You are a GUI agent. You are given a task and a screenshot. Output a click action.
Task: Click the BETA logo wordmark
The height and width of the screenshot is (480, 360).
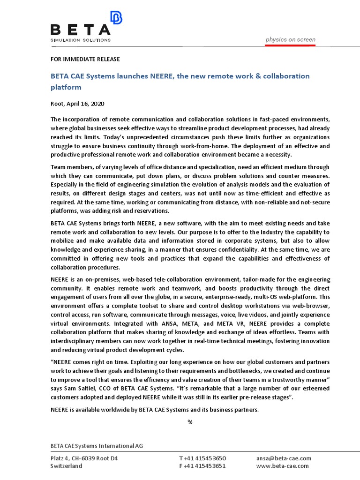click(x=80, y=30)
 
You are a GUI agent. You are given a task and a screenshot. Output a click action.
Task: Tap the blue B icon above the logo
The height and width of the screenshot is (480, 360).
click(x=116, y=18)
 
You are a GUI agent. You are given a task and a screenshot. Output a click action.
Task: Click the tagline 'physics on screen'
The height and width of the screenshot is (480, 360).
click(x=290, y=39)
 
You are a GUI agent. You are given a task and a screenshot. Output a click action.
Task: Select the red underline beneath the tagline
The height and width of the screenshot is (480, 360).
click(x=290, y=45)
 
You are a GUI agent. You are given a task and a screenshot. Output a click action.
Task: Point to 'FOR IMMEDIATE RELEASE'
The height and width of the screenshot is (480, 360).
click(x=85, y=59)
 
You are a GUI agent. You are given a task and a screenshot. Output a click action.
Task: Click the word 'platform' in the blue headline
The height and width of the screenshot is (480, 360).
click(x=66, y=87)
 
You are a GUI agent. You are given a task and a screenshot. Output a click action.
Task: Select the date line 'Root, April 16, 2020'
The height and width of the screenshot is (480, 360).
click(x=78, y=104)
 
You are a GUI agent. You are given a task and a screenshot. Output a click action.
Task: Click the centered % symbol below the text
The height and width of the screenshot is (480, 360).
click(x=190, y=421)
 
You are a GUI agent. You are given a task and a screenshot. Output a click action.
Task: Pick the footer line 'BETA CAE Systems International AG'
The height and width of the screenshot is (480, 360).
click(x=97, y=445)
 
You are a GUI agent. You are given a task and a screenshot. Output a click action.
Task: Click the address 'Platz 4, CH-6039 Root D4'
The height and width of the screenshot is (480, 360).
click(x=84, y=458)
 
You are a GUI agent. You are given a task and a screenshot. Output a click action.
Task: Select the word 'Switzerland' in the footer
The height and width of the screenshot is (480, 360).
click(x=66, y=466)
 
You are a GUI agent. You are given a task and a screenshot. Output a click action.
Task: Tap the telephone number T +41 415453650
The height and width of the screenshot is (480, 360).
click(x=202, y=458)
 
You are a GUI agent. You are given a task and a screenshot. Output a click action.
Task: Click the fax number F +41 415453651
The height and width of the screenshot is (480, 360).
click(x=202, y=466)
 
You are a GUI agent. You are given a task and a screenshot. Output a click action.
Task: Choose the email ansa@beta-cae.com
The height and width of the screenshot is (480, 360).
click(x=283, y=458)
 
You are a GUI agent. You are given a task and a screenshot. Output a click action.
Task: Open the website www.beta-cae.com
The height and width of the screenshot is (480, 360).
click(x=283, y=466)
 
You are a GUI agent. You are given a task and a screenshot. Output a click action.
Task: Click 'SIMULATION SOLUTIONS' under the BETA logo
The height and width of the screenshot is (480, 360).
click(x=80, y=40)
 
